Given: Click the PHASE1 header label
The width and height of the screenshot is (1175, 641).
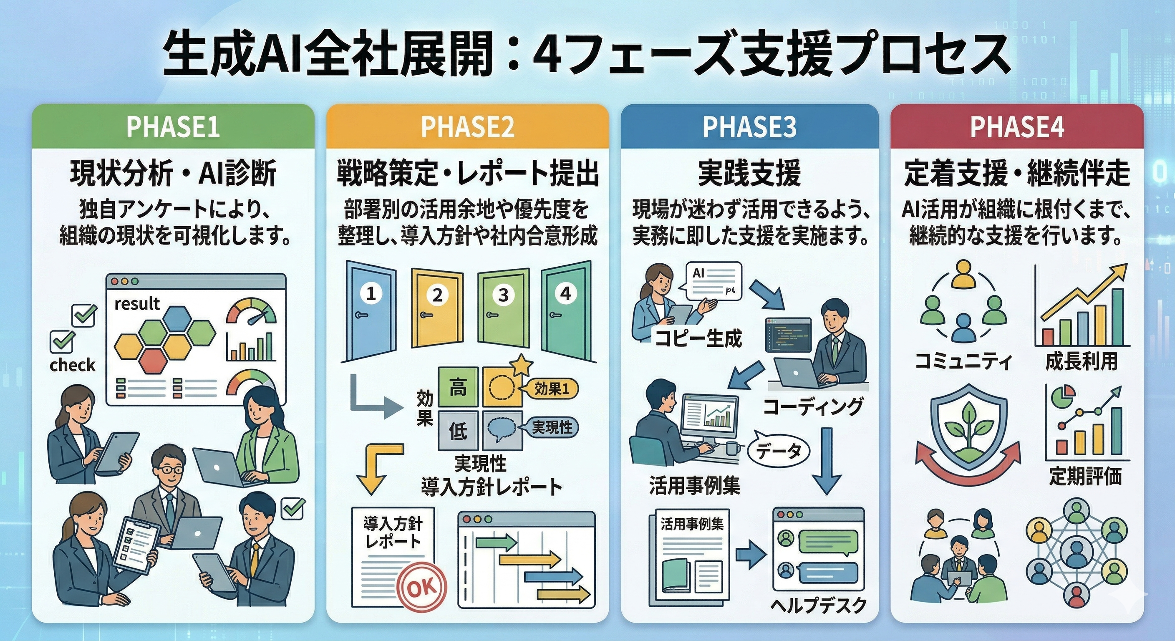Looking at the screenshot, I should click(173, 127).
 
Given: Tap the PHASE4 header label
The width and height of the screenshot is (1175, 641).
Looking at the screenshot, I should click(1017, 127).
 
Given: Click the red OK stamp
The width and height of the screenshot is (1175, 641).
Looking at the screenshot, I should click(421, 588).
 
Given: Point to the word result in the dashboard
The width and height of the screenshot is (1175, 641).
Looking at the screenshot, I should click(137, 303).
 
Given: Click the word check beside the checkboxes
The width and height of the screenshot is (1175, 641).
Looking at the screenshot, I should click(73, 365).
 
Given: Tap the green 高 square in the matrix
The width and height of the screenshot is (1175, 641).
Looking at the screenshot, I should click(458, 387).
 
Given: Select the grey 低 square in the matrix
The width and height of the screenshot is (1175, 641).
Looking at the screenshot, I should click(458, 431).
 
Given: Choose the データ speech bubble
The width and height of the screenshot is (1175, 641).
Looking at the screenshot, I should click(779, 452).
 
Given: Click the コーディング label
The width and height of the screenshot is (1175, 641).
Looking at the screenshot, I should click(813, 406).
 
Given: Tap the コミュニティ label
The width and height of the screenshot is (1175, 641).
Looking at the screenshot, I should click(963, 361).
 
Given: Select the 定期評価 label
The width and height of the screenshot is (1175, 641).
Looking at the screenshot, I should click(1085, 476).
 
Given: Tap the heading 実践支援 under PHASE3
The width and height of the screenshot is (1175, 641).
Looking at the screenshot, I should click(749, 174).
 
